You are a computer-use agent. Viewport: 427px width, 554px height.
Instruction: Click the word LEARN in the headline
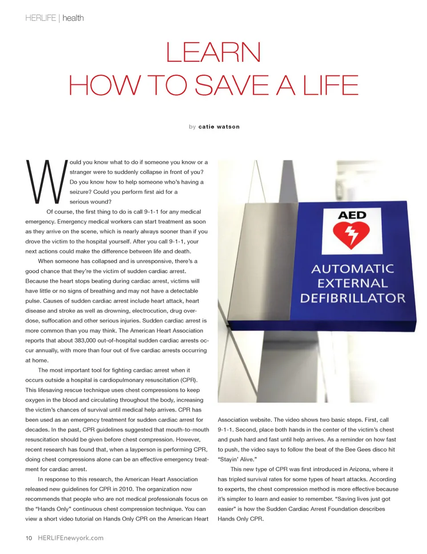click(213, 53)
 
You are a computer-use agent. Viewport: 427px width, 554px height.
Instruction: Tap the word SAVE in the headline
click(231, 85)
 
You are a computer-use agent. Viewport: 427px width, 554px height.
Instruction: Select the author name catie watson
click(219, 127)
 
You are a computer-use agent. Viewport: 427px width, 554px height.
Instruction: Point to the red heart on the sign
click(351, 235)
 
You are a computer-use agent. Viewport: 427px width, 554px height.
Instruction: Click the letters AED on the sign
click(352, 215)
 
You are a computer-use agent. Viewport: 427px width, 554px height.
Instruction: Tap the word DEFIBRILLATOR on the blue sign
click(353, 298)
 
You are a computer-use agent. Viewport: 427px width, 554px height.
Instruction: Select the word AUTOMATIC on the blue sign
click(353, 269)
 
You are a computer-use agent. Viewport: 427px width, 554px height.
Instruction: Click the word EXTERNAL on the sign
click(353, 283)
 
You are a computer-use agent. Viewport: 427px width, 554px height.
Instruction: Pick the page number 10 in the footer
click(29, 538)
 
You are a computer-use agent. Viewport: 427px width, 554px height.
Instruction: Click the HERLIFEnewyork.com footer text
click(71, 538)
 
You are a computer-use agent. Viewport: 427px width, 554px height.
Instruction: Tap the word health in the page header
click(73, 18)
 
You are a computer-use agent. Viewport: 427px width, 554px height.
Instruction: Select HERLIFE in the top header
click(40, 18)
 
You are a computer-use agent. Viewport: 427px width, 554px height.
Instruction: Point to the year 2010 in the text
click(126, 489)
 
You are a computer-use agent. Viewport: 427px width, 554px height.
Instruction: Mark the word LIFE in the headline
click(330, 85)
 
